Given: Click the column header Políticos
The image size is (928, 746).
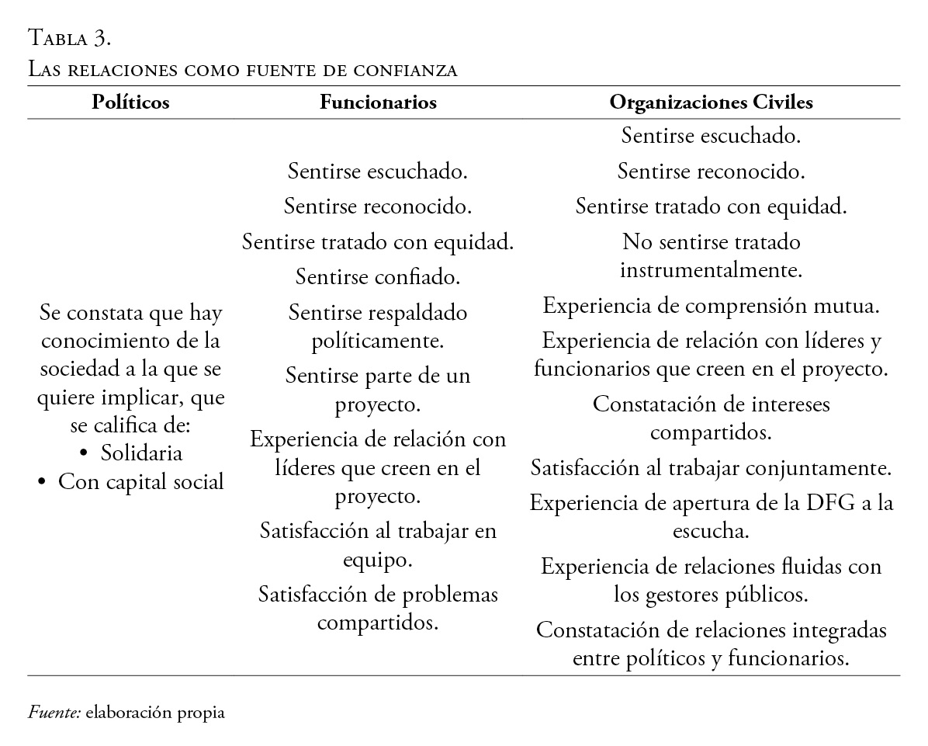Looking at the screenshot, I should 130,102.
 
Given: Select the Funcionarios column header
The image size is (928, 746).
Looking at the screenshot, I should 378,102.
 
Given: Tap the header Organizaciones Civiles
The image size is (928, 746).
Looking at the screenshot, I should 711,102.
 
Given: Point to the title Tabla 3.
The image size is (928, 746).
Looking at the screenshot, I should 71,36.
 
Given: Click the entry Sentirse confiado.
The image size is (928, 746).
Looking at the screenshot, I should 377,276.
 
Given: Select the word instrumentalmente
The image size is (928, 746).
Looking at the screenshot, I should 711,270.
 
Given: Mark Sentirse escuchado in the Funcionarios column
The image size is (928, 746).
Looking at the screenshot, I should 377,171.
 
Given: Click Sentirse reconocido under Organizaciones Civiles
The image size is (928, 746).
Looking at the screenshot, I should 711,171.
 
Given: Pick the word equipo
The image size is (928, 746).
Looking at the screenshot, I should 377,560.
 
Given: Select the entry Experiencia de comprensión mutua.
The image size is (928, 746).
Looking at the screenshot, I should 711,305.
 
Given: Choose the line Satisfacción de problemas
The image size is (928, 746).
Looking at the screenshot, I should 378,595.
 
